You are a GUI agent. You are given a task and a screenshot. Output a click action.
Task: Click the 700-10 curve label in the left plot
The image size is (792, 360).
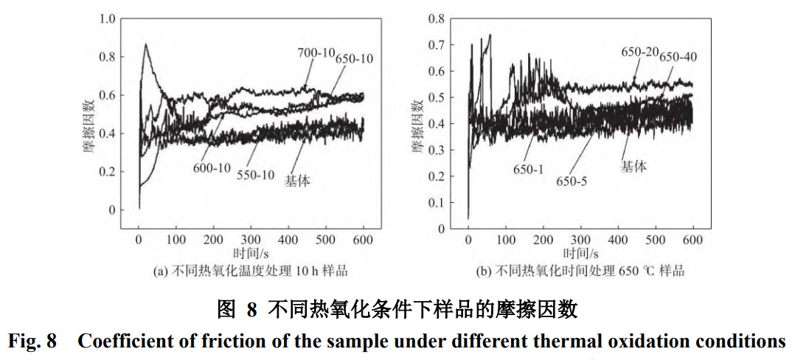316,52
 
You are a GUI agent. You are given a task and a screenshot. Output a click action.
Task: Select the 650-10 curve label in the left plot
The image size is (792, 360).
354,58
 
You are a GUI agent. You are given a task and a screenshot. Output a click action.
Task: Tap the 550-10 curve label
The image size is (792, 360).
255,176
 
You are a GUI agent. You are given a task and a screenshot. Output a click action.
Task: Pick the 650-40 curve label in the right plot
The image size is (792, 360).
678,57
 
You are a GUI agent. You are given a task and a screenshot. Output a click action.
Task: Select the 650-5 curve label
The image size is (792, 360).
572,181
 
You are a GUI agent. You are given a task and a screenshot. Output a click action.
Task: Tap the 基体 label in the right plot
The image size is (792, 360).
633,167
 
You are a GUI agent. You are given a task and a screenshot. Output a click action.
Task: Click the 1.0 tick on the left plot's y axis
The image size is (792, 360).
108,18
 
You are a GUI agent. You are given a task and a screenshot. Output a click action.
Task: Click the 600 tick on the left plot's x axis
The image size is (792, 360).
363,240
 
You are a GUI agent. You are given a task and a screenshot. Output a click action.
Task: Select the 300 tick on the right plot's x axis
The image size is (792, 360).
580,240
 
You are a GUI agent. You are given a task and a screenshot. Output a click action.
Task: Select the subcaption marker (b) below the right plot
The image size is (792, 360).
484,271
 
